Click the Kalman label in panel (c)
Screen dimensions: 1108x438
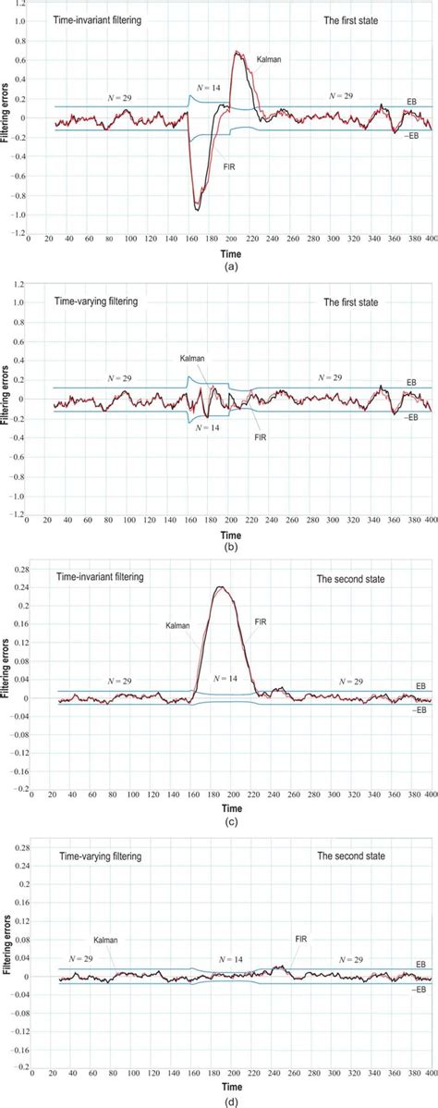click(176, 625)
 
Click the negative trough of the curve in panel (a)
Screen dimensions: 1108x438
click(198, 210)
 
